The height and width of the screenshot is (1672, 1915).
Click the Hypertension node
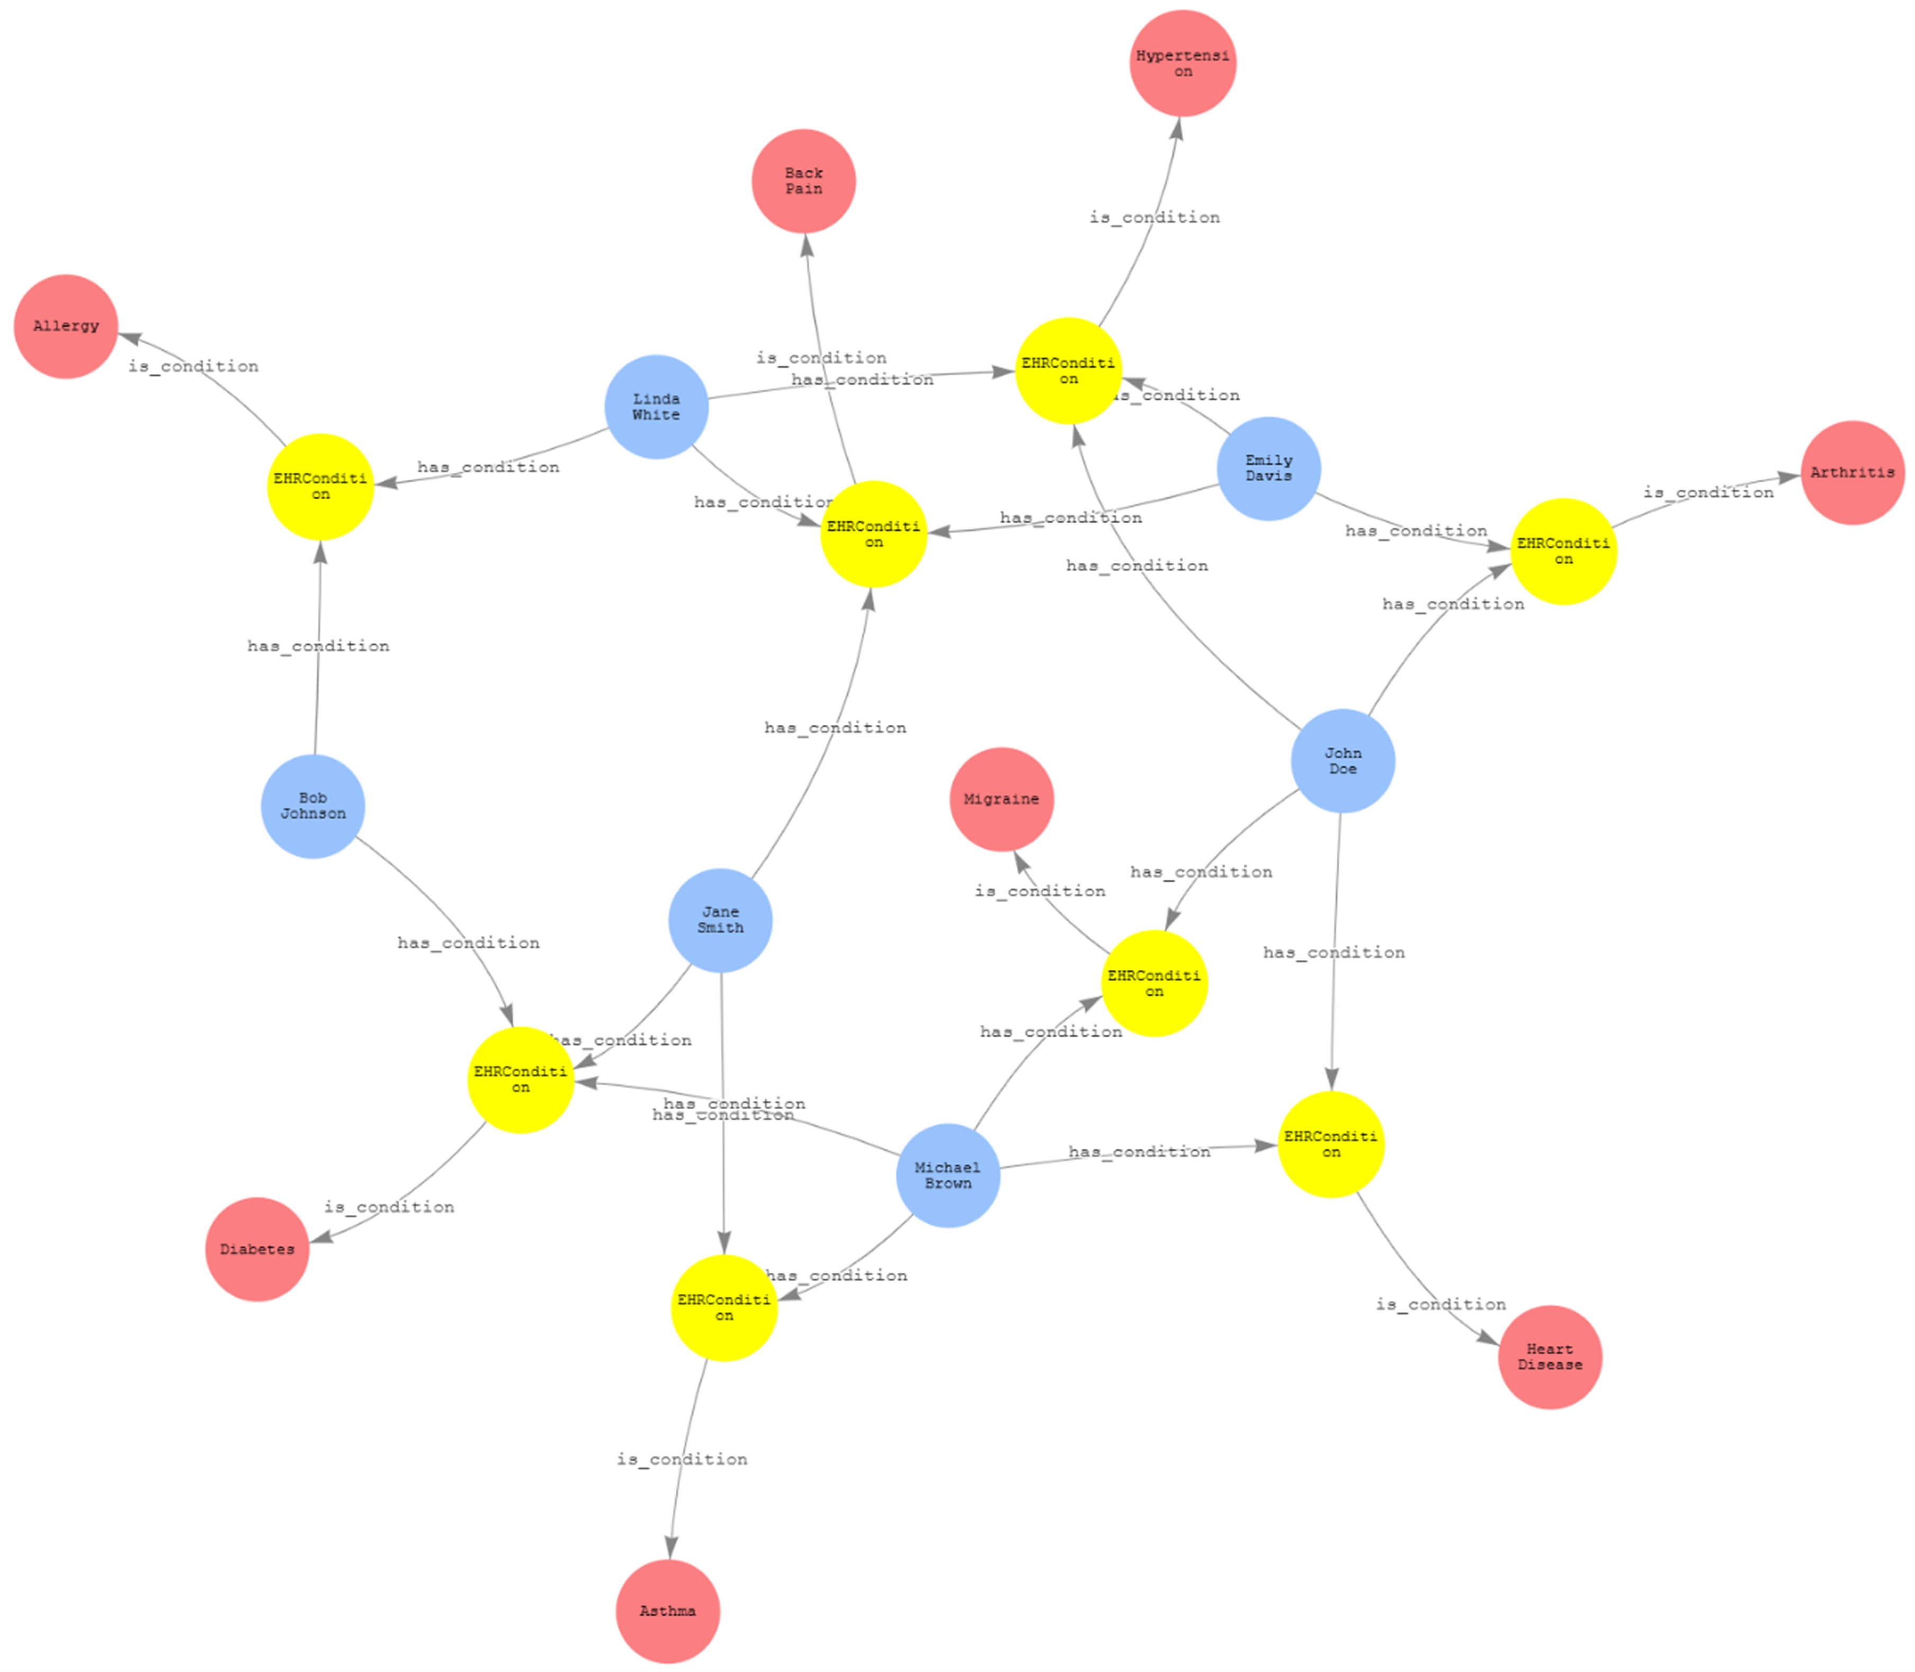tap(1183, 64)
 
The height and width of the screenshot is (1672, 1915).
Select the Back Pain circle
tap(803, 181)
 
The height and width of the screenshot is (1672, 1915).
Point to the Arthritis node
tap(1853, 472)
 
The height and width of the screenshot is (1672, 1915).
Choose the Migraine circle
tap(1001, 799)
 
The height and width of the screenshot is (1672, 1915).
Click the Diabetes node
tap(257, 1249)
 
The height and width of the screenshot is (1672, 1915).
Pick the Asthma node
tap(667, 1611)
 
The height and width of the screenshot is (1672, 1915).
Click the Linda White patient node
tap(656, 407)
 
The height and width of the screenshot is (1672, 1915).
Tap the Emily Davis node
tap(1268, 469)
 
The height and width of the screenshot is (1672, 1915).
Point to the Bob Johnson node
tap(312, 806)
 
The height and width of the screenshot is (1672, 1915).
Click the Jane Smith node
tap(720, 920)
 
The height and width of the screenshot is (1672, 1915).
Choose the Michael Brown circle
tap(947, 1175)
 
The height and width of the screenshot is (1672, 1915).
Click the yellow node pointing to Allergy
tap(320, 487)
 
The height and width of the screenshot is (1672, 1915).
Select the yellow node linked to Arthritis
tap(1563, 552)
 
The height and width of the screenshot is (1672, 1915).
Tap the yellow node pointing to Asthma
tap(723, 1308)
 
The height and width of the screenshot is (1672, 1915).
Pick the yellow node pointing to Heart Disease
tap(1331, 1145)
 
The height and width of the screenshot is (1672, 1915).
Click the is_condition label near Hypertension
tap(1155, 218)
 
